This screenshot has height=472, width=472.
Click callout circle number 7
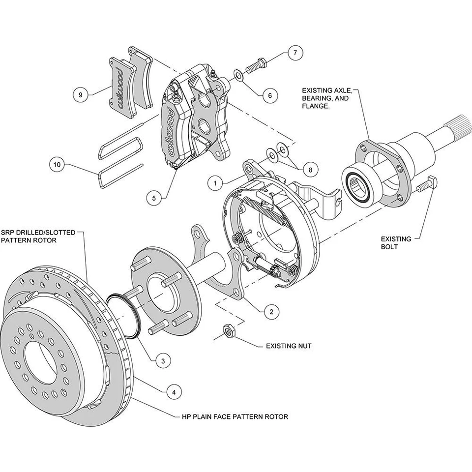295,53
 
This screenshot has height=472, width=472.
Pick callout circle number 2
271,311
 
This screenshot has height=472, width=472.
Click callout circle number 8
310,169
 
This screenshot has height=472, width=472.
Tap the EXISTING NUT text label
289,346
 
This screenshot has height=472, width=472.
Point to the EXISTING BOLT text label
396,242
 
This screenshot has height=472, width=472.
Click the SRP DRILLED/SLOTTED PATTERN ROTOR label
38,236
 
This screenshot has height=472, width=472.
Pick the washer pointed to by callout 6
238,75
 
